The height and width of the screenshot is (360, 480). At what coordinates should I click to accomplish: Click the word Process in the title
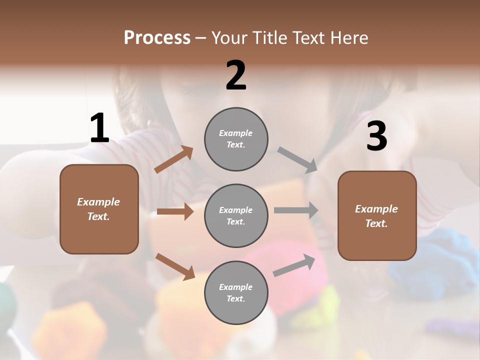click(157, 37)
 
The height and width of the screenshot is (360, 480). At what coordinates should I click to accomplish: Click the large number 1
click(99, 128)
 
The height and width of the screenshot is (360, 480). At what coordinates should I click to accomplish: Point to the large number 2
click(236, 75)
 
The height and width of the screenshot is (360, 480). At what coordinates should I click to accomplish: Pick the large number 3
click(376, 136)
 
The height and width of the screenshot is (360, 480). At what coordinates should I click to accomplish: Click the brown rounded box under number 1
click(99, 209)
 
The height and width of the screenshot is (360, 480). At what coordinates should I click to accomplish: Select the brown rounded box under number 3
click(377, 216)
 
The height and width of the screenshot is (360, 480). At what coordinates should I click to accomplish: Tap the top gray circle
click(236, 139)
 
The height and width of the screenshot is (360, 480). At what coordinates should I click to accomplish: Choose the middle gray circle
click(236, 215)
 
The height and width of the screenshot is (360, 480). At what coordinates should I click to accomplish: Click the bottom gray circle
click(236, 292)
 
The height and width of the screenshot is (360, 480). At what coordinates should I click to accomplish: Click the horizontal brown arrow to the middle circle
click(175, 211)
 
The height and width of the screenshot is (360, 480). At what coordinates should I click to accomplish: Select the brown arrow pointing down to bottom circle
click(175, 266)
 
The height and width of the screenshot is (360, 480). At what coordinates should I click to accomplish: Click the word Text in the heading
click(309, 37)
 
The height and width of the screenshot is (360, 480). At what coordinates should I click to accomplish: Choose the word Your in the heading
click(229, 37)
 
